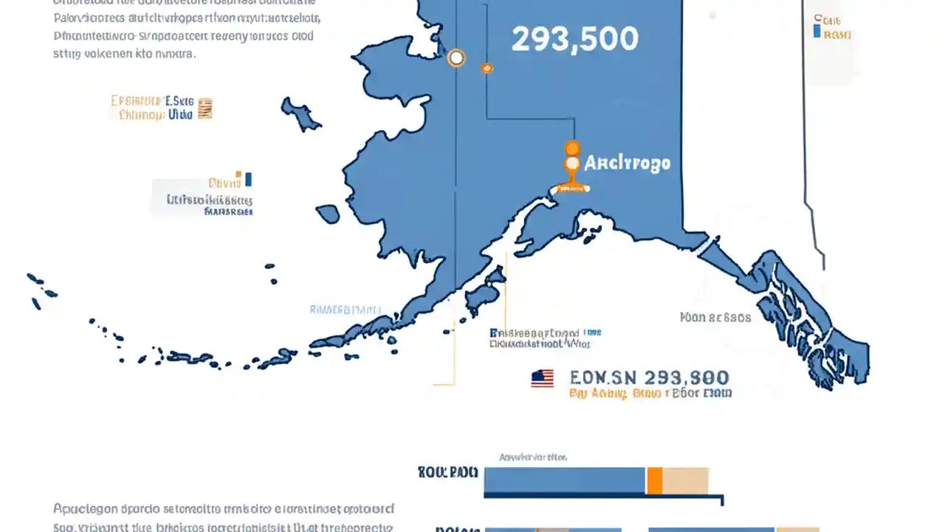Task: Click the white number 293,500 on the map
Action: click(574, 40)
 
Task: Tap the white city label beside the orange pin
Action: click(628, 163)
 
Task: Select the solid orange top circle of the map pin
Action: click(572, 149)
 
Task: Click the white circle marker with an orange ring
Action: click(456, 57)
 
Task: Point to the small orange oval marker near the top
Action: click(487, 68)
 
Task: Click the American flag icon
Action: click(542, 379)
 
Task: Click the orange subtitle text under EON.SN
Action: click(650, 395)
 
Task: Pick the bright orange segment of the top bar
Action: click(654, 480)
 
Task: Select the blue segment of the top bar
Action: click(565, 480)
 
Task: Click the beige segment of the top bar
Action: click(685, 480)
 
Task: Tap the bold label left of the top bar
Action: click(447, 473)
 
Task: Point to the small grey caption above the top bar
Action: click(533, 457)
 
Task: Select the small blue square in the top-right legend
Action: click(816, 31)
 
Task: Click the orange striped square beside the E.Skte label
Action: click(205, 109)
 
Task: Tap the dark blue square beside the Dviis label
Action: click(248, 180)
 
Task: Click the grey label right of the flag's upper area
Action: click(715, 318)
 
